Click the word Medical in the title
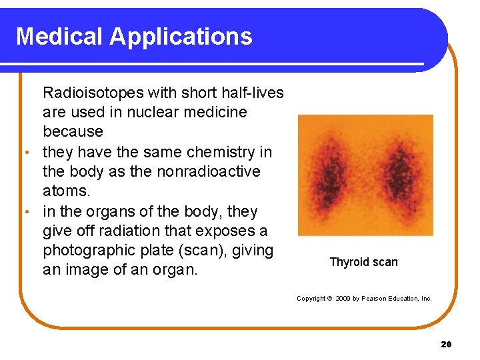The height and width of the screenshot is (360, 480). coord(59,36)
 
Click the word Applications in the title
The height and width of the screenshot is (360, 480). coord(181,36)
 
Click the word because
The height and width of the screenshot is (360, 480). coord(73,131)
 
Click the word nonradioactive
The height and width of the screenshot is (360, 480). coord(209,171)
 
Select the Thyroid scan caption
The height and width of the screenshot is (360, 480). coord(363,262)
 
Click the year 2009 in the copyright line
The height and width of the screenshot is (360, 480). coord(342,298)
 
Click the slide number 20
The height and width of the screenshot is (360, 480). coord(446,344)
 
